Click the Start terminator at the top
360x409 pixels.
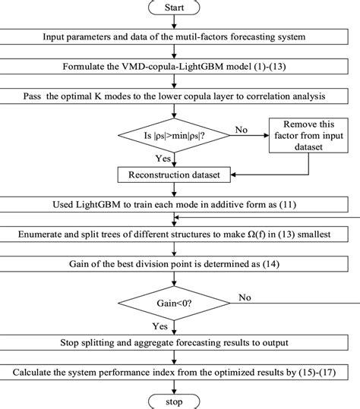click(x=175, y=8)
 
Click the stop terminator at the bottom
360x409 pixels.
click(x=175, y=400)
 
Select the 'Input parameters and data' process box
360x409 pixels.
click(x=175, y=36)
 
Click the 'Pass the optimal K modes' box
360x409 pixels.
click(x=175, y=96)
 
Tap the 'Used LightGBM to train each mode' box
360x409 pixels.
click(x=175, y=205)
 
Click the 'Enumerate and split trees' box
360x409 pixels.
click(x=175, y=235)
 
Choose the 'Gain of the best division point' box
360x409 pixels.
click(x=175, y=266)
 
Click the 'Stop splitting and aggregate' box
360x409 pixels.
click(x=175, y=342)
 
